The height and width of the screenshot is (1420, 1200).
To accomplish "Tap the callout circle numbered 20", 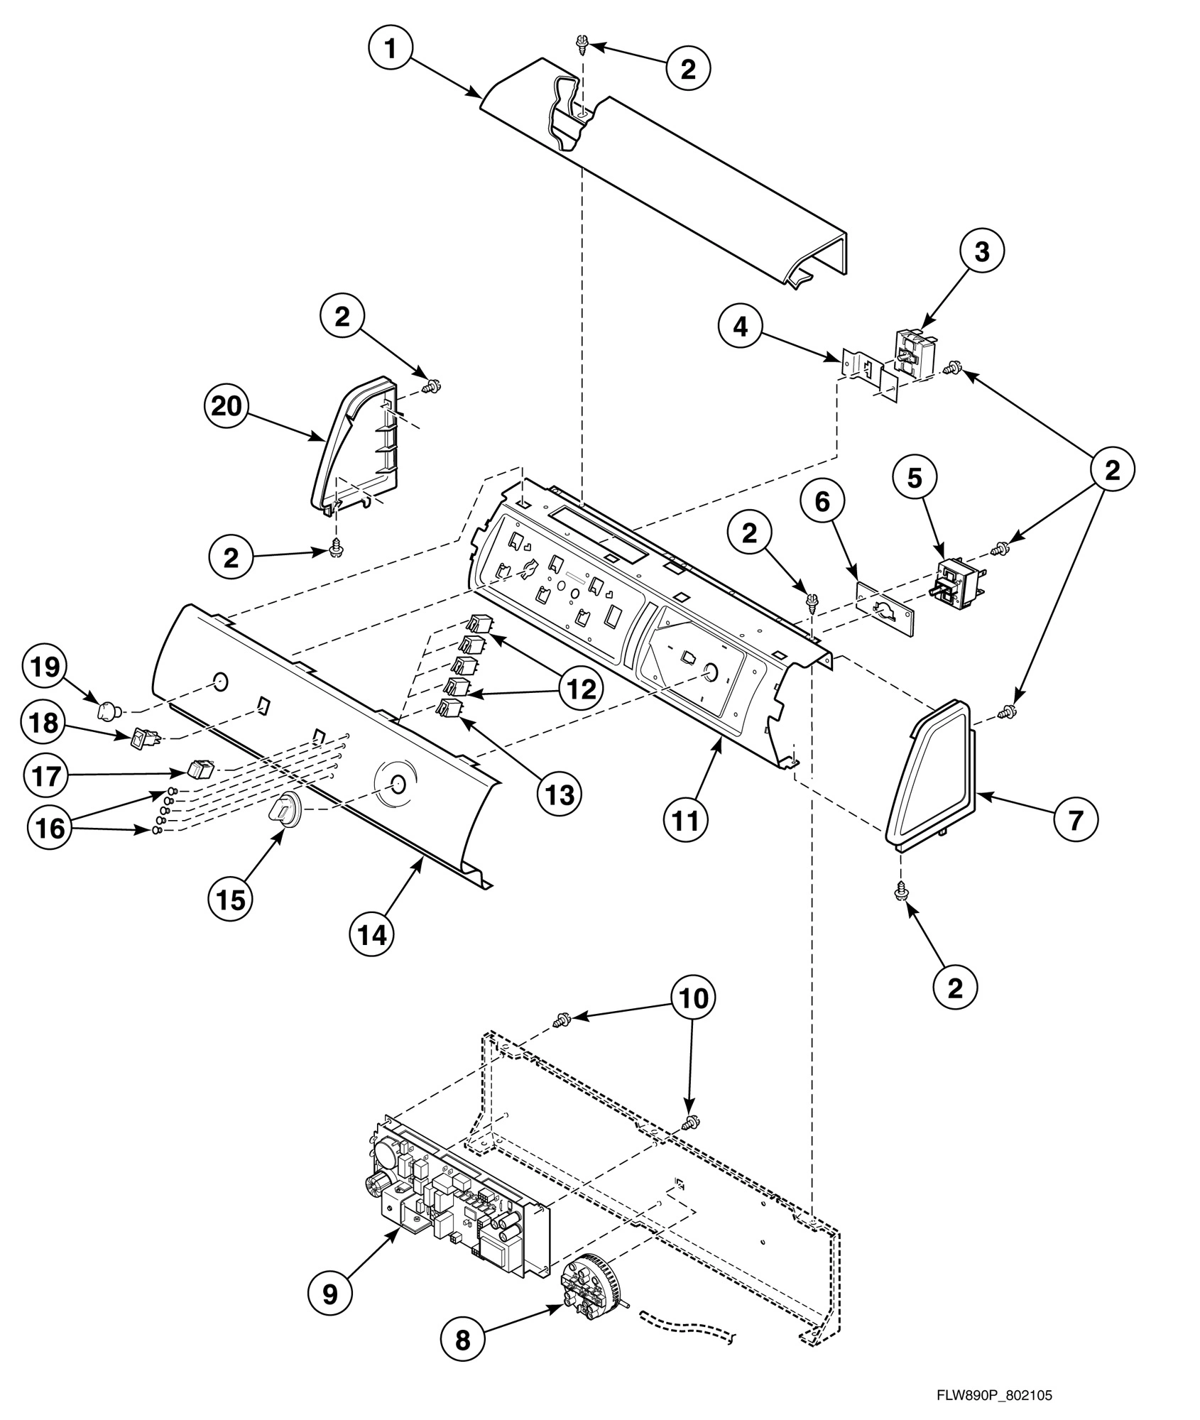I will pyautogui.click(x=225, y=407).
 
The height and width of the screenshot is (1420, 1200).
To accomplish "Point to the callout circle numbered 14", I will pyautogui.click(x=372, y=934).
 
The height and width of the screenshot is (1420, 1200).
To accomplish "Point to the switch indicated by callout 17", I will pyautogui.click(x=200, y=769).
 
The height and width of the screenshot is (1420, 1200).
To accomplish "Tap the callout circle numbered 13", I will pyautogui.click(x=560, y=794).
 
